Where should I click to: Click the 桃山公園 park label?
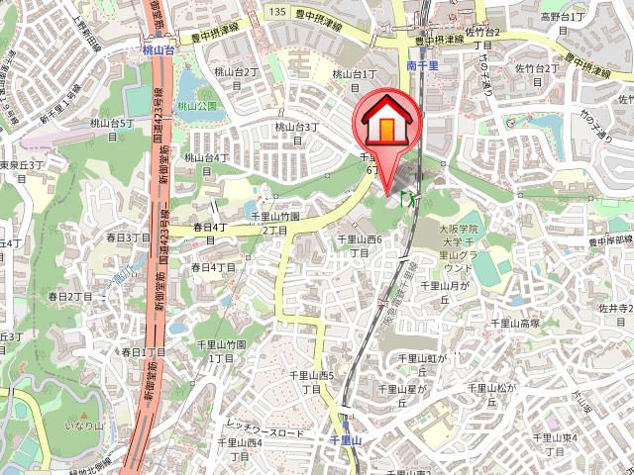click(x=197, y=105)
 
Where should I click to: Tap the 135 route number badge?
click(x=276, y=11)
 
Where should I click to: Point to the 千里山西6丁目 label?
click(x=360, y=245)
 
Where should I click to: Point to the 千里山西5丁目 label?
click(x=311, y=381)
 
